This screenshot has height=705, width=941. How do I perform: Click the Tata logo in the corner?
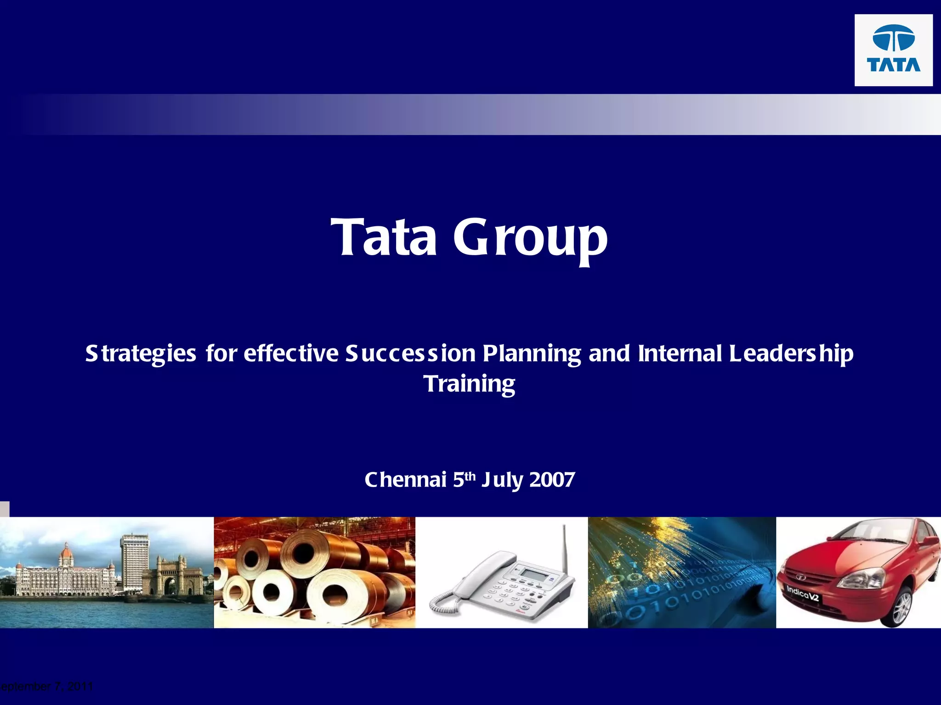pyautogui.click(x=893, y=50)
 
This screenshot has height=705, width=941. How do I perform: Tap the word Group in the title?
pyautogui.click(x=530, y=238)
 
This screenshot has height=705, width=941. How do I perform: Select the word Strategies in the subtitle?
pyautogui.click(x=141, y=354)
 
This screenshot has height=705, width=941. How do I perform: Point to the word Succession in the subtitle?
pyautogui.click(x=410, y=353)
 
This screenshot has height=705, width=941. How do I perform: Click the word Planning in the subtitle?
pyautogui.click(x=532, y=354)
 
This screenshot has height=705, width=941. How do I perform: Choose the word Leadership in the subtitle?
pyautogui.click(x=791, y=353)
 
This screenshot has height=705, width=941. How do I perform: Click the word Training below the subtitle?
pyautogui.click(x=469, y=384)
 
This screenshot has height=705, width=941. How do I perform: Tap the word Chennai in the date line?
pyautogui.click(x=405, y=480)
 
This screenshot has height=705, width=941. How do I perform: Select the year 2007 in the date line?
pyautogui.click(x=552, y=480)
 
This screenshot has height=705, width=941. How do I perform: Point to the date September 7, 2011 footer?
pyautogui.click(x=46, y=687)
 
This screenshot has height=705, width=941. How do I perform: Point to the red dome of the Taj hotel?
pyautogui.click(x=67, y=553)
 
